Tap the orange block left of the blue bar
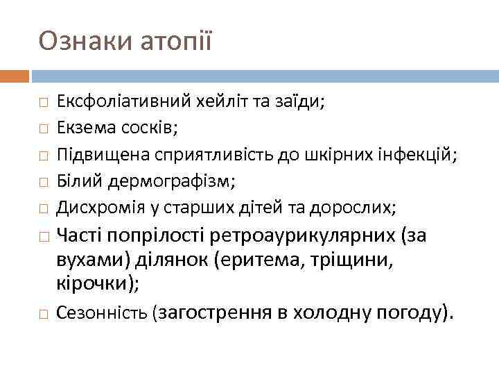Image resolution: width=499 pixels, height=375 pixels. [15, 75]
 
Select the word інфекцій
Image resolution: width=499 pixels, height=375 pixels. [420, 154]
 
